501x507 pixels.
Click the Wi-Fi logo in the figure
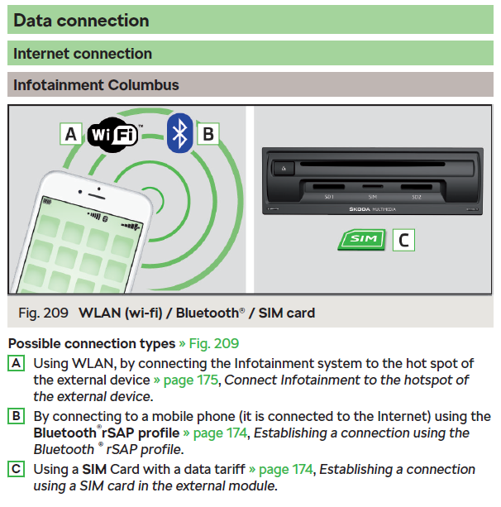[112, 135]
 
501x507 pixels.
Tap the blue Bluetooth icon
[180, 133]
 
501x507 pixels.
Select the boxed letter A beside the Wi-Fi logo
[71, 134]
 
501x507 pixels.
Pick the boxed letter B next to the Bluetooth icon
[208, 133]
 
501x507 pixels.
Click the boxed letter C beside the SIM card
[403, 240]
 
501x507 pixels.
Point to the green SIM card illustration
[362, 240]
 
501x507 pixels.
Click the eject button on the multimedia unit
[284, 168]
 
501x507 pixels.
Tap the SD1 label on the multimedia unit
[329, 197]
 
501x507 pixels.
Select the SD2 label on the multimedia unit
[417, 197]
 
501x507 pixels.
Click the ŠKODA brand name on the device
[360, 209]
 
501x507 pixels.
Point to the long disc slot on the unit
[372, 164]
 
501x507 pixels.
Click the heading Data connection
[81, 21]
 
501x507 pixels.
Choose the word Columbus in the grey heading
[144, 85]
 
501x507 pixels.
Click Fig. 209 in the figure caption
[43, 313]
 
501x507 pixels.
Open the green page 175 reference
[191, 380]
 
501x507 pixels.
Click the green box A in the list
[17, 363]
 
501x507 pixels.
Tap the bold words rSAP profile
[141, 433]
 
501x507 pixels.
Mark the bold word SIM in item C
[94, 469]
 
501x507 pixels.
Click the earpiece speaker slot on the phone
[97, 196]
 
